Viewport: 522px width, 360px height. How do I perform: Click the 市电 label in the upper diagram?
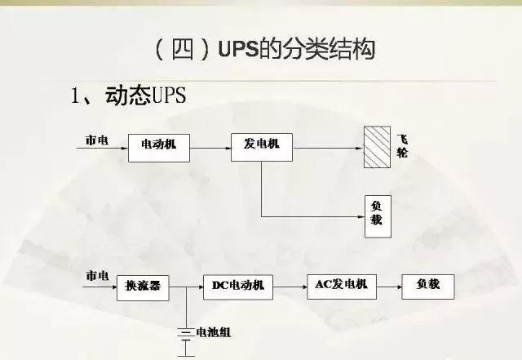click(97, 140)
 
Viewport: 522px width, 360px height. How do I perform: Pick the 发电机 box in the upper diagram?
click(261, 146)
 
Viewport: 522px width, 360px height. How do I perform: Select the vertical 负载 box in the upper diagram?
click(376, 216)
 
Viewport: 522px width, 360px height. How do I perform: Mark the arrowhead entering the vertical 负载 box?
click(359, 216)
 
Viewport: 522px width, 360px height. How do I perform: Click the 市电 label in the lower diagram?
click(97, 277)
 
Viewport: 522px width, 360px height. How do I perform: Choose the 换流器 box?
click(143, 286)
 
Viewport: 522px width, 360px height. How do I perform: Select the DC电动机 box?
click(238, 286)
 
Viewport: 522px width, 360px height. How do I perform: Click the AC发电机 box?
click(341, 285)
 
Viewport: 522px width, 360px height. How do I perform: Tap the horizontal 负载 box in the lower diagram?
click(427, 285)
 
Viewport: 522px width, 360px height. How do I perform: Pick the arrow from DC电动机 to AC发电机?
click(290, 286)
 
